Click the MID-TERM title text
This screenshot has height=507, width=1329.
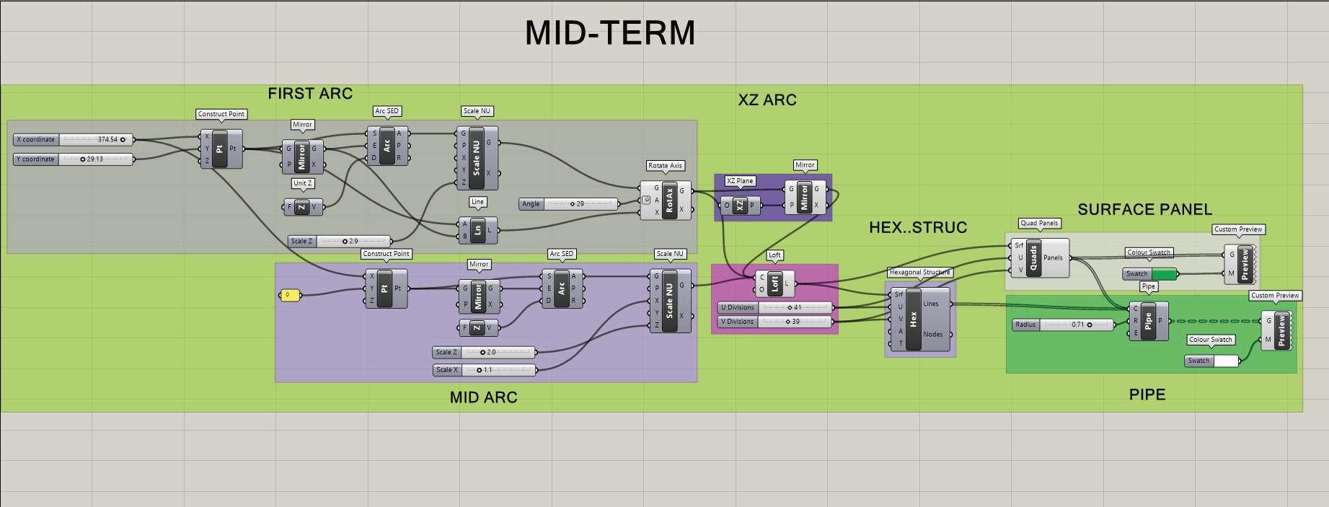click(610, 33)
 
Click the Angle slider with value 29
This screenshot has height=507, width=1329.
click(568, 204)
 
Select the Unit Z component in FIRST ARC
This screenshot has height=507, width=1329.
click(302, 207)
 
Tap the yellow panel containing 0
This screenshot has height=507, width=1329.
click(289, 295)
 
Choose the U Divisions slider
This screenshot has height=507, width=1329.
click(774, 308)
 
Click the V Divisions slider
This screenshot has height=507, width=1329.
click(774, 322)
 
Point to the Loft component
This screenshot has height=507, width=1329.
click(774, 283)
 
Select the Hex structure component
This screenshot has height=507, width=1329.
click(914, 319)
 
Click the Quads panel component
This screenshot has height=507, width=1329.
click(1033, 258)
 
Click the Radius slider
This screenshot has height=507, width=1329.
click(1063, 325)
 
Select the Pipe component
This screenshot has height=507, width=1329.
click(1148, 321)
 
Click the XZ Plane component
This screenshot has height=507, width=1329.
click(739, 206)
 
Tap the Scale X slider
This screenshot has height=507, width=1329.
click(485, 370)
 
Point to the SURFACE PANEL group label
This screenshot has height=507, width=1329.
click(1144, 210)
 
